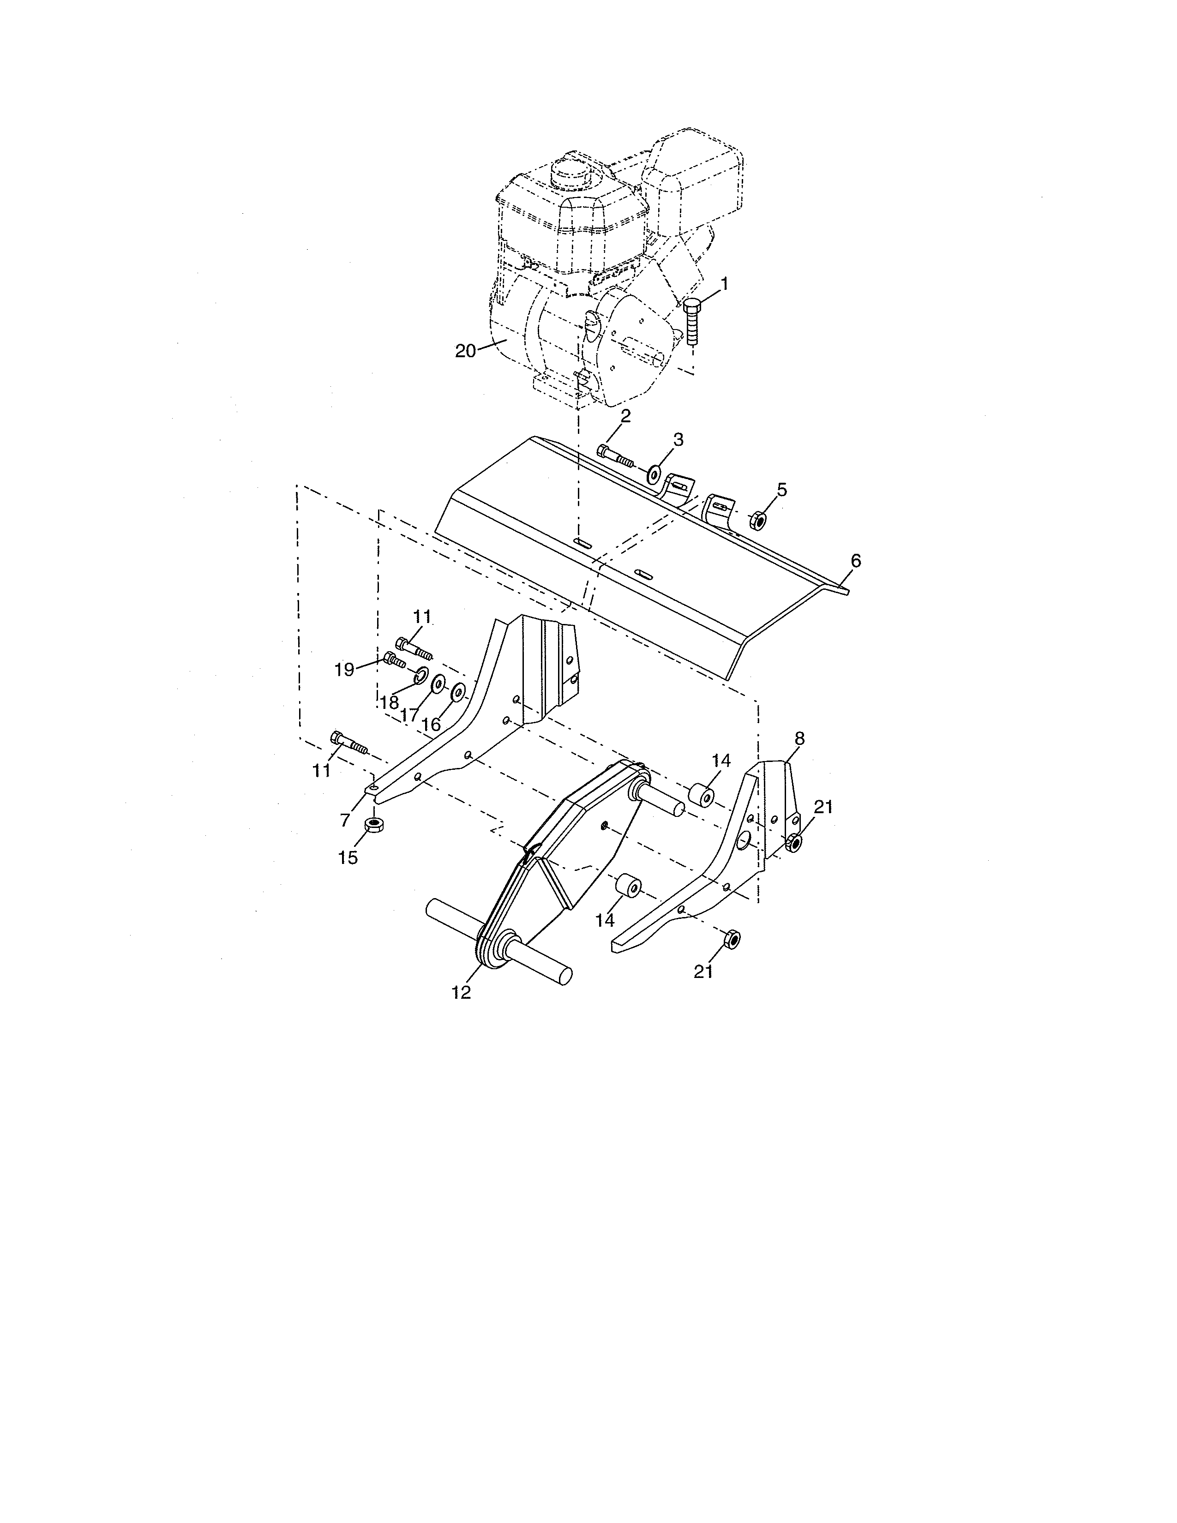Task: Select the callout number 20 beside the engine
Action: click(465, 351)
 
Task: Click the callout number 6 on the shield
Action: click(856, 561)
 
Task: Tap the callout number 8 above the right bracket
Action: click(799, 738)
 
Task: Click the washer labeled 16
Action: click(459, 692)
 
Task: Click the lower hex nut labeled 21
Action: click(732, 939)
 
